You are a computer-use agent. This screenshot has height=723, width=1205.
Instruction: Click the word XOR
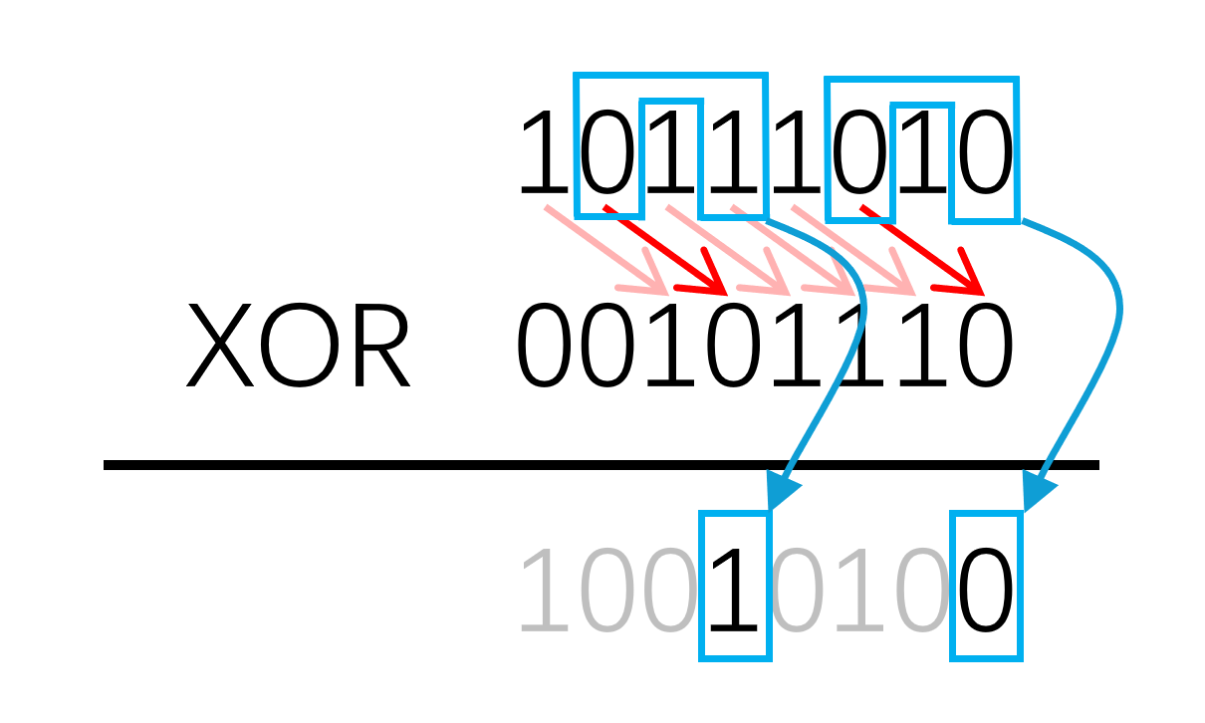(x=298, y=347)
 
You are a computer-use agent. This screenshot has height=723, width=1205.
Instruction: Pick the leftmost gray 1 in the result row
(x=545, y=592)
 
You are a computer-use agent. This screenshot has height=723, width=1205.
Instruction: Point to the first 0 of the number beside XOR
(x=545, y=347)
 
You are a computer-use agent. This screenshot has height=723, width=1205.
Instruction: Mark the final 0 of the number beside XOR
(x=984, y=347)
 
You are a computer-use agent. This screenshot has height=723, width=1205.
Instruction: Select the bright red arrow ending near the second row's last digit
(x=922, y=250)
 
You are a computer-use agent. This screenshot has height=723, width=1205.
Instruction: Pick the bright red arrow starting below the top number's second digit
(x=665, y=250)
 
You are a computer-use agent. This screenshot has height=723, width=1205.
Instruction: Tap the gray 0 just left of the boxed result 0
(x=921, y=592)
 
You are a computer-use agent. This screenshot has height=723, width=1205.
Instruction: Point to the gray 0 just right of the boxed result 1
(x=797, y=592)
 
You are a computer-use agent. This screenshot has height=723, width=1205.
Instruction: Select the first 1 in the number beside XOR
(x=669, y=347)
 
